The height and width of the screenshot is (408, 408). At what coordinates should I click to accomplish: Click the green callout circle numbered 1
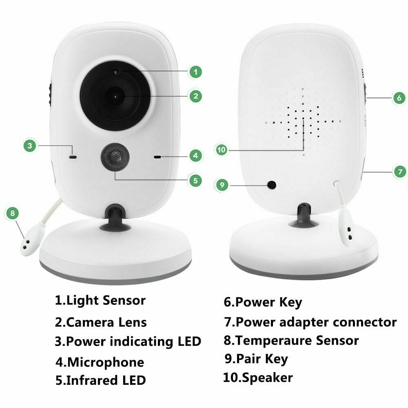pos(195,72)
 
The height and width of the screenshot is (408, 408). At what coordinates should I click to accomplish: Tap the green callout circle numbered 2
pos(195,96)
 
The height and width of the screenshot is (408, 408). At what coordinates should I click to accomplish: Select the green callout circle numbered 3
pos(29,145)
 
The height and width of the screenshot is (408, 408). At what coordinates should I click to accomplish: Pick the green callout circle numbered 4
pos(195,155)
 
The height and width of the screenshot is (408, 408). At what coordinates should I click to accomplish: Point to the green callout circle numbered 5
pos(195,180)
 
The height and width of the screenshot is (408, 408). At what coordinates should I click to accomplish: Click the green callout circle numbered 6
pos(399,98)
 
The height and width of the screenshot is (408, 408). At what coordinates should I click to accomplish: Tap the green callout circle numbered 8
pos(13,213)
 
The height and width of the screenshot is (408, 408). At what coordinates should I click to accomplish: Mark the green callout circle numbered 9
pos(222,185)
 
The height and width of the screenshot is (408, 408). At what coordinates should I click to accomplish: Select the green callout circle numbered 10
pos(222,150)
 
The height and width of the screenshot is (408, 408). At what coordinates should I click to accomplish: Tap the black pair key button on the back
pos(271,185)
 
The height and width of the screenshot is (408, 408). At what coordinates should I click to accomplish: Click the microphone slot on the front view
pos(157,156)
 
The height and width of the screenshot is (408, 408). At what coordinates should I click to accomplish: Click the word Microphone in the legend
pos(106,362)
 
